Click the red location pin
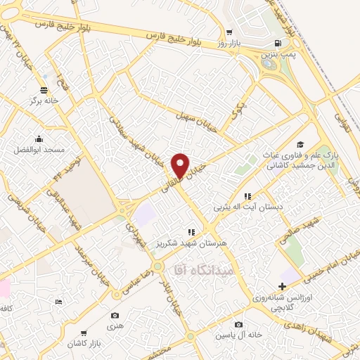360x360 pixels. click(x=181, y=166)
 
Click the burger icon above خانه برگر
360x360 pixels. click(x=45, y=89)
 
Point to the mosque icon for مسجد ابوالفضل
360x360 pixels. click(x=39, y=139)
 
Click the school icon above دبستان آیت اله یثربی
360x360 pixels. click(x=247, y=197)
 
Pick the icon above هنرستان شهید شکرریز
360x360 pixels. click(x=190, y=231)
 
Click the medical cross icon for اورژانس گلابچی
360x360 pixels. click(x=283, y=287)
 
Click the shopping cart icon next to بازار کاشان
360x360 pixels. click(x=84, y=331)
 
